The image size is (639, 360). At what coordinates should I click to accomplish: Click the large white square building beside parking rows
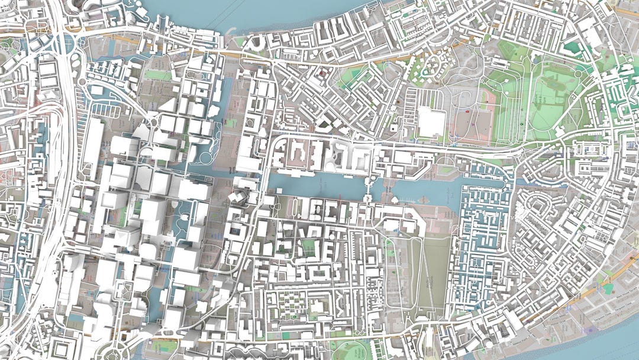click(x=431, y=123)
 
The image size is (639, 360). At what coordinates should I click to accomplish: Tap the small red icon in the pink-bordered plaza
click(x=467, y=111)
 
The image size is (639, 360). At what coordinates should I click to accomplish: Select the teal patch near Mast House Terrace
click(x=608, y=288)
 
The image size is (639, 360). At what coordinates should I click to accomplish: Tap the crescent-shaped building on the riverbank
click(x=258, y=42)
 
